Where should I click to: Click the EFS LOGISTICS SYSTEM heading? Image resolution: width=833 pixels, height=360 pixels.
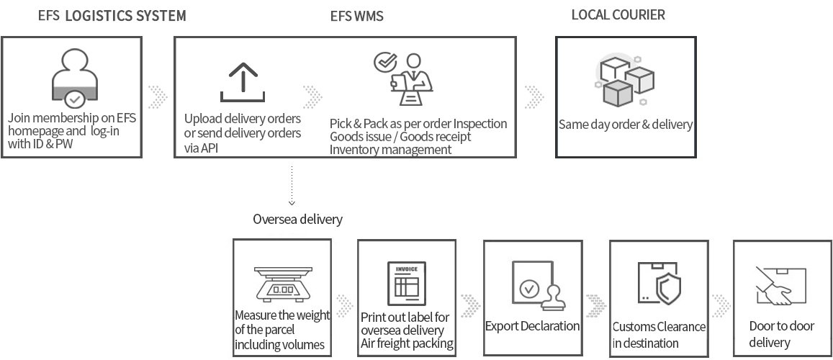click(x=112, y=16)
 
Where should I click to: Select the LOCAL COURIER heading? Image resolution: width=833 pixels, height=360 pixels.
click(x=618, y=14)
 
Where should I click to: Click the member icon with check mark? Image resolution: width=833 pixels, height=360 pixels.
click(x=75, y=79)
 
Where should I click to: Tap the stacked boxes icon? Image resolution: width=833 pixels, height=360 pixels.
click(x=625, y=79)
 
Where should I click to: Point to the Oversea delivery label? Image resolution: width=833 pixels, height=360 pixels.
click(x=297, y=219)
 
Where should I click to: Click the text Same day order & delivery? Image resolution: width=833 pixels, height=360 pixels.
click(x=625, y=125)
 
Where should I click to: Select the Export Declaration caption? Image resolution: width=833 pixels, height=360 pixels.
click(x=532, y=326)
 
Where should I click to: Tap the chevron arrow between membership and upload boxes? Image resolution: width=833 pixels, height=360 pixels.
click(x=158, y=96)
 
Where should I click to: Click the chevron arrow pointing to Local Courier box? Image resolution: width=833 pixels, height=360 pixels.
click(x=533, y=96)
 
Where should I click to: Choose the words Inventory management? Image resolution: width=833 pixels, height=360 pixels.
click(x=390, y=150)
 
